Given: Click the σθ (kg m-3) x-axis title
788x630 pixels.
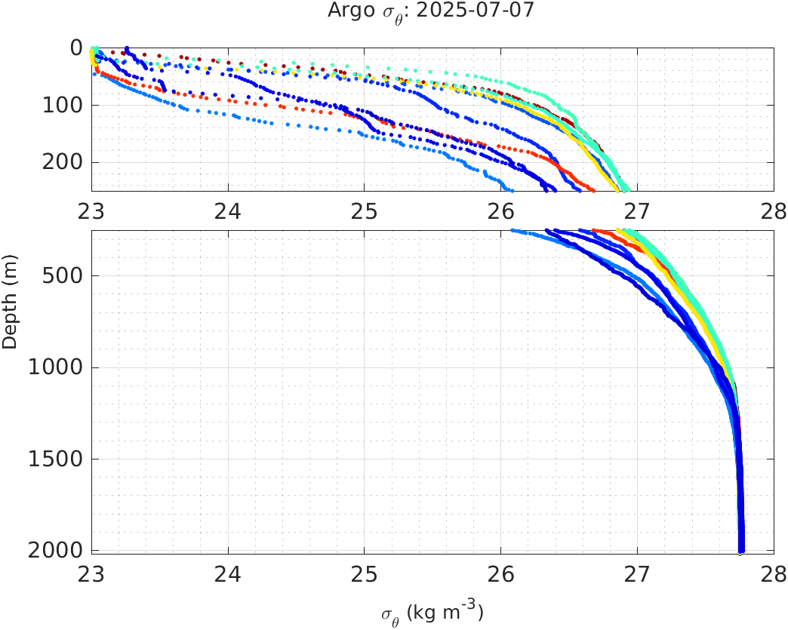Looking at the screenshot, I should [x=432, y=611].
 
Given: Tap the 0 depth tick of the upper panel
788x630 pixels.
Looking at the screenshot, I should [x=75, y=48].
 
